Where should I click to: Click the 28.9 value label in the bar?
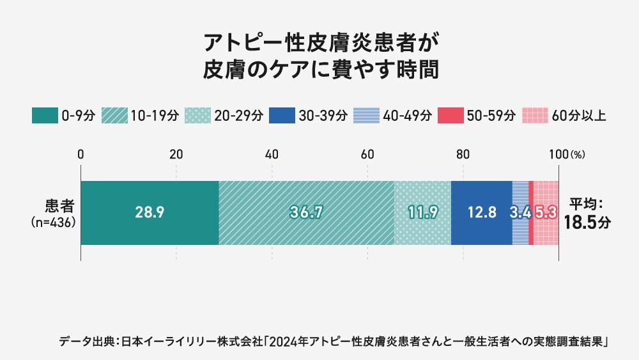[x=150, y=213]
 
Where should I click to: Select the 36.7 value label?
[x=305, y=213]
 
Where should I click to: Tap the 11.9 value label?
[x=422, y=213]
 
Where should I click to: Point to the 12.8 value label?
[x=482, y=213]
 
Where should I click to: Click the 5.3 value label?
[x=545, y=213]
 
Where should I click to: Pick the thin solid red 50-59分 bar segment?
[x=531, y=213]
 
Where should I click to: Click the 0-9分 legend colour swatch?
[x=45, y=116]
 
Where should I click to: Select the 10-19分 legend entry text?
[x=154, y=116]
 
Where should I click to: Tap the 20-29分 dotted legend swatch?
[x=198, y=116]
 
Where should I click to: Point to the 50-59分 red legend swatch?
[x=451, y=116]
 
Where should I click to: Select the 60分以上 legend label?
[x=578, y=116]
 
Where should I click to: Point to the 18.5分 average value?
[x=587, y=222]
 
